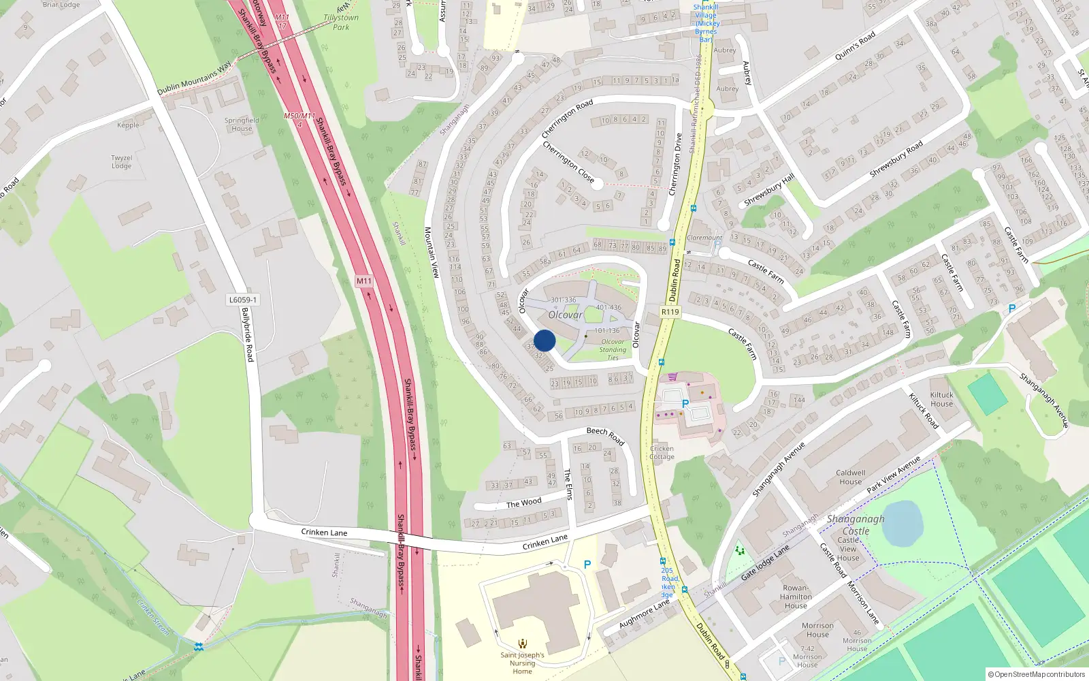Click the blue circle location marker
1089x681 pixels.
click(544, 340)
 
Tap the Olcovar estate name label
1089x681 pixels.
click(565, 315)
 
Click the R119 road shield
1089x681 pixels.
click(670, 312)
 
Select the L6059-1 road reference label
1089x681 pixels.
click(243, 300)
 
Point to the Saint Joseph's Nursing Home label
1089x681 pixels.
click(522, 663)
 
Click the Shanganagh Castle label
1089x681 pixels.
click(856, 524)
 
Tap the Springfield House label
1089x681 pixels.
click(242, 124)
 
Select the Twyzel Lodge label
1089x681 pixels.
click(122, 161)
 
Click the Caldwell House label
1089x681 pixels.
click(851, 477)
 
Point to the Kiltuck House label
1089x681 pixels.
click(942, 399)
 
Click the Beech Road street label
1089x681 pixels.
click(605, 436)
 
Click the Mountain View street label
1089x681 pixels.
click(432, 252)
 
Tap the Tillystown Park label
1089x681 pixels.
click(341, 22)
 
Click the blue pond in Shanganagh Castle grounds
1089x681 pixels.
click(903, 523)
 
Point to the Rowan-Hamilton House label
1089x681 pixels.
click(796, 597)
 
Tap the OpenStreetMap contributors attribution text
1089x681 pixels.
click(1037, 674)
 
